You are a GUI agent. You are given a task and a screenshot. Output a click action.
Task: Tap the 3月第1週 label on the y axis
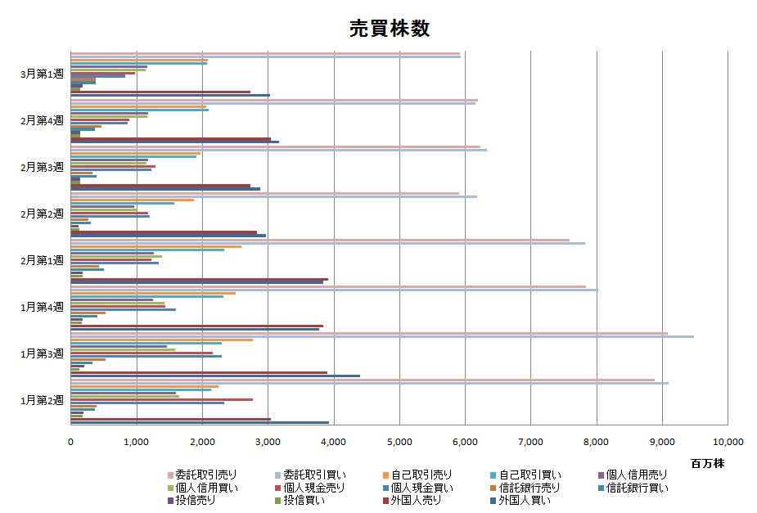(x=42, y=74)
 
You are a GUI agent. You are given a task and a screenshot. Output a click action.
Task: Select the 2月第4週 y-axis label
(x=42, y=120)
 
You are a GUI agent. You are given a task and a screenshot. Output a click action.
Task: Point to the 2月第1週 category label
(x=42, y=260)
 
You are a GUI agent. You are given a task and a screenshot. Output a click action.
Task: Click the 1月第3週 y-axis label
(x=42, y=353)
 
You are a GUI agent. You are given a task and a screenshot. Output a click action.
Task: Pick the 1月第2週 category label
(x=42, y=400)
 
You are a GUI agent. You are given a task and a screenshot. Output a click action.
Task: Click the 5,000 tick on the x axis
(x=399, y=441)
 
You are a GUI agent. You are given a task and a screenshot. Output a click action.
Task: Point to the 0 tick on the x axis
(x=71, y=441)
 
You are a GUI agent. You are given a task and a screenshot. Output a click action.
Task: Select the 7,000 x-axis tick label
(x=531, y=441)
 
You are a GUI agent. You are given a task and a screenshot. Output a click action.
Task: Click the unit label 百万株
(x=707, y=463)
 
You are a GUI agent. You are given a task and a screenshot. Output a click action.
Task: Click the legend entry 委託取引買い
(x=309, y=475)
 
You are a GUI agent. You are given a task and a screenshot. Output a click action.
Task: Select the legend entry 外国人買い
(x=525, y=501)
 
